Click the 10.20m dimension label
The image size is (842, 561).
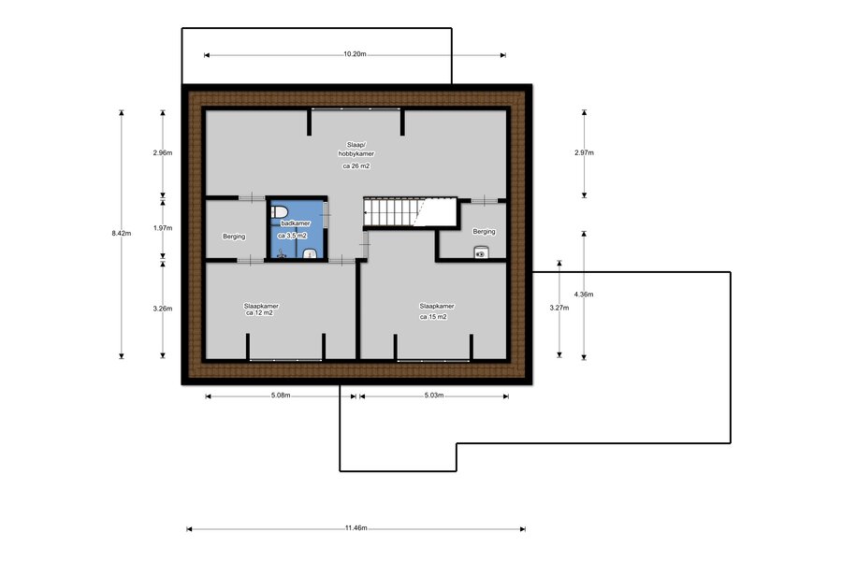(x=355, y=53)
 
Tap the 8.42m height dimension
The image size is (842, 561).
(x=122, y=233)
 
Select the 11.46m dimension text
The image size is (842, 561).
(x=356, y=527)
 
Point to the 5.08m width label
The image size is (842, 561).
(x=281, y=396)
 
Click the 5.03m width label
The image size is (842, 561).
(x=434, y=396)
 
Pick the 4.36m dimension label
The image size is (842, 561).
(x=584, y=295)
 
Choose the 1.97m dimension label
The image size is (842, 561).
(x=163, y=227)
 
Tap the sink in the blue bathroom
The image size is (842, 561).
(x=311, y=252)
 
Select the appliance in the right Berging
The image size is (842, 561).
(x=481, y=252)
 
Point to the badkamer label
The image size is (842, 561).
(x=296, y=223)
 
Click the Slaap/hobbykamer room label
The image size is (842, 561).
(x=356, y=149)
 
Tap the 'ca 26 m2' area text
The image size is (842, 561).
(x=356, y=165)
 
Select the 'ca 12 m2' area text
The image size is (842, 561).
(x=259, y=312)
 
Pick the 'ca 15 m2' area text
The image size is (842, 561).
(x=433, y=317)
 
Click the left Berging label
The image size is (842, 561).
(x=234, y=237)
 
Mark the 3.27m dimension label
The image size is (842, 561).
(x=559, y=308)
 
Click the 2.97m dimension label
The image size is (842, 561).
(x=584, y=152)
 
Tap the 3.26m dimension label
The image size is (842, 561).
(x=163, y=309)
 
